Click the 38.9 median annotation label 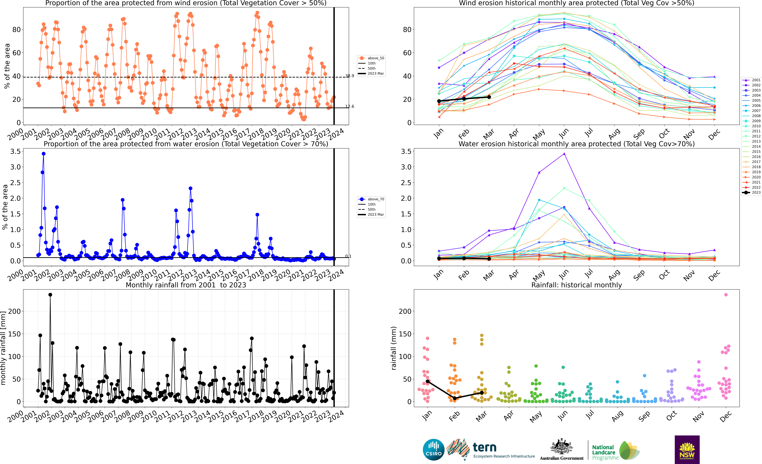coord(350,76)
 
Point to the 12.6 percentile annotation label coord(350,106)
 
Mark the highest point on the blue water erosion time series coord(44,154)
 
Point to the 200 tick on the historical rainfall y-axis coord(405,312)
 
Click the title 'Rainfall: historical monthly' coord(576,285)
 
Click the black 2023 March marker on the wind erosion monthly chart coord(489,97)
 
